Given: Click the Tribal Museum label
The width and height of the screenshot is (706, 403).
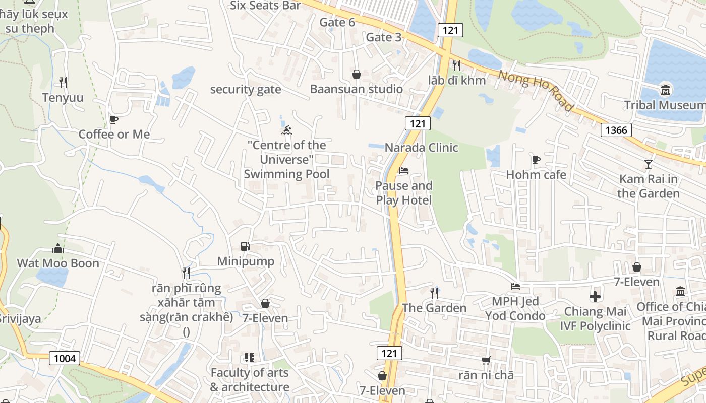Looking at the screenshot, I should [x=665, y=105].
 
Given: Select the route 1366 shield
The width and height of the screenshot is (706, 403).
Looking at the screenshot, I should [x=616, y=130].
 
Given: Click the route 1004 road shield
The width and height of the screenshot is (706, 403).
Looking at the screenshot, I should [x=65, y=358].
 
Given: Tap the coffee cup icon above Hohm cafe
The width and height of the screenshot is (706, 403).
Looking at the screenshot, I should [x=536, y=160].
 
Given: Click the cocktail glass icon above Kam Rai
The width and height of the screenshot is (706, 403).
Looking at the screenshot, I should [x=648, y=164].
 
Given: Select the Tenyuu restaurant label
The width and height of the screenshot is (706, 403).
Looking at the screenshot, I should [x=63, y=97].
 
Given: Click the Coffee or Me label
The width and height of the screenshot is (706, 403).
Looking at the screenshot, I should [x=114, y=134].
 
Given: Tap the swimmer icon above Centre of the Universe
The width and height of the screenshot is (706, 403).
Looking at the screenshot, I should [x=286, y=131].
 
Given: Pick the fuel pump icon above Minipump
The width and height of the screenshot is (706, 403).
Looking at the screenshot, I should [x=246, y=246].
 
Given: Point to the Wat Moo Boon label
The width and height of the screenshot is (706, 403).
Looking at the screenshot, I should [x=58, y=263].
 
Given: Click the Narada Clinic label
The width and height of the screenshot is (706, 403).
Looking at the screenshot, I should [x=421, y=148].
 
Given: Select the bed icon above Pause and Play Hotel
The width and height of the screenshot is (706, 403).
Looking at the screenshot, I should [x=403, y=171].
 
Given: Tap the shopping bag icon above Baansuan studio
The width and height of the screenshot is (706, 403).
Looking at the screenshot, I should [x=356, y=75].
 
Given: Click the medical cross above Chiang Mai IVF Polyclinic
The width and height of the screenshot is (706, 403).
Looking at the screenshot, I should [x=595, y=297].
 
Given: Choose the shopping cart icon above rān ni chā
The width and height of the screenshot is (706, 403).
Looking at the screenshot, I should [x=486, y=360].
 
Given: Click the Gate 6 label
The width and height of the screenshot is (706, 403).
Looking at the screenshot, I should [x=337, y=22].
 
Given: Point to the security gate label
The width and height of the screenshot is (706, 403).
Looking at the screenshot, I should [x=246, y=90].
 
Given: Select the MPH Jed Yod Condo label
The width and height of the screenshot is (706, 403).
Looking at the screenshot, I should [x=515, y=308].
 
